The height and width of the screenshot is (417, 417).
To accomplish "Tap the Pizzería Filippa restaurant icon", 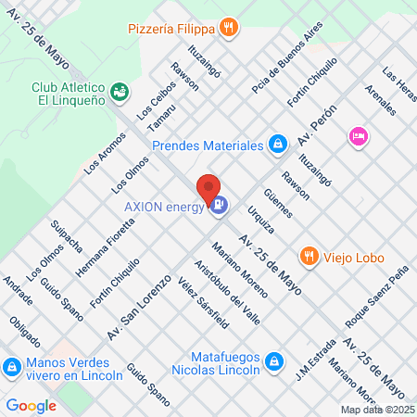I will pyautogui.click(x=228, y=30).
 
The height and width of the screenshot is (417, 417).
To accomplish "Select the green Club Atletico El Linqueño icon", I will pyautogui.click(x=120, y=91).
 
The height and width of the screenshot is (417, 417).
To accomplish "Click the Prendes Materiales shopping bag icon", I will pyautogui.click(x=276, y=144).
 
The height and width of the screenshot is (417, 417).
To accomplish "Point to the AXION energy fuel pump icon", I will pyautogui.click(x=219, y=207).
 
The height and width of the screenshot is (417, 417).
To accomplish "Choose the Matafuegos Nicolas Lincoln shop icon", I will pyautogui.click(x=273, y=360).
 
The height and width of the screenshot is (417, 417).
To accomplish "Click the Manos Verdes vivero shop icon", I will pyautogui.click(x=11, y=368).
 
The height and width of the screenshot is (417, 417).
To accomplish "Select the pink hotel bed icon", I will pyautogui.click(x=358, y=136).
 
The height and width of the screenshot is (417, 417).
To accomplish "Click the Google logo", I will pyautogui.click(x=31, y=405).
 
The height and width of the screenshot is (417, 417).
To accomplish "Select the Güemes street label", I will pyautogui.click(x=277, y=204).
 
